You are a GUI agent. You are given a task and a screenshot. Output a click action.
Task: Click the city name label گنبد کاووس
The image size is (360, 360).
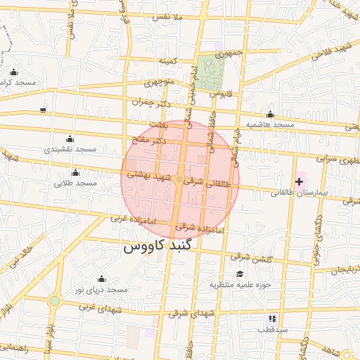pyautogui.click(x=162, y=247)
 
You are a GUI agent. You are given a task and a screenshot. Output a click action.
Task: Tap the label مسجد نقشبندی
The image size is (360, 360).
pyautogui.click(x=70, y=150)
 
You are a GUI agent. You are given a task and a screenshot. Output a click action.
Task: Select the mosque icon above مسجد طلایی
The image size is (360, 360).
pyautogui.click(x=75, y=173)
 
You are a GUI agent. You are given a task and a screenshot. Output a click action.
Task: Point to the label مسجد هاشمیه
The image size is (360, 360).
pyautogui.click(x=269, y=124)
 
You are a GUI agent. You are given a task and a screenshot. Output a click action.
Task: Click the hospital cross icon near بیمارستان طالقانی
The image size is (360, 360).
pyautogui.click(x=299, y=181)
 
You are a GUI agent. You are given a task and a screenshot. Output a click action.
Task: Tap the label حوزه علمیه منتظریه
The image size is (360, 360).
pyautogui.click(x=238, y=285)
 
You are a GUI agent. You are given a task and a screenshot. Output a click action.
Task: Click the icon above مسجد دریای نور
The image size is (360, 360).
pyautogui.click(x=101, y=279)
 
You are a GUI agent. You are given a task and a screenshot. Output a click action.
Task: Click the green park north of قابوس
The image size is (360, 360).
pyautogui.click(x=210, y=71)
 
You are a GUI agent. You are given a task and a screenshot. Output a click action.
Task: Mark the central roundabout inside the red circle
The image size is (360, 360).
pyautogui.click(x=180, y=181)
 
